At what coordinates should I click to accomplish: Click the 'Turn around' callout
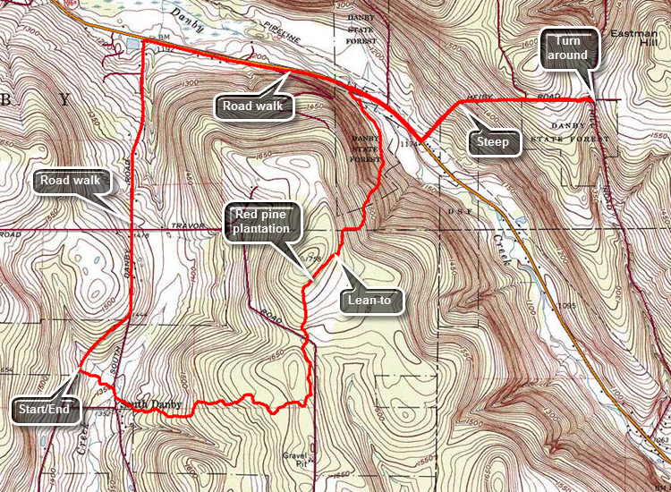[x=568, y=48]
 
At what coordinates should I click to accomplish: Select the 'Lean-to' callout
[x=373, y=301]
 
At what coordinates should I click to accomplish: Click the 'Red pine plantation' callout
[x=262, y=221]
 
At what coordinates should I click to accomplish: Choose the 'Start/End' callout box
[x=47, y=411]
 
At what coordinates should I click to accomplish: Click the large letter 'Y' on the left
[x=64, y=99]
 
